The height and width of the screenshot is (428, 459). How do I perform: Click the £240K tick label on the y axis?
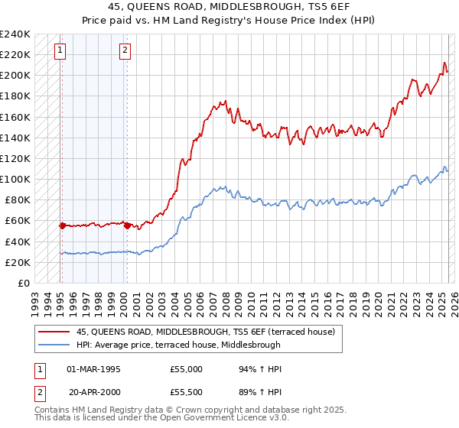click(15, 34)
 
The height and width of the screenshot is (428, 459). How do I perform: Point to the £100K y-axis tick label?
click(15, 179)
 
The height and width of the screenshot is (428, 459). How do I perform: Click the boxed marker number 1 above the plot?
click(60, 51)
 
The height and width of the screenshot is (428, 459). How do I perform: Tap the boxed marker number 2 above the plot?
click(125, 51)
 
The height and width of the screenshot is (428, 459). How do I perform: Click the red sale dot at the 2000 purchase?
click(127, 225)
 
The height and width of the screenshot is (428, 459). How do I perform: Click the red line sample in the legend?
click(54, 332)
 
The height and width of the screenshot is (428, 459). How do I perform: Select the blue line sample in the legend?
click(54, 344)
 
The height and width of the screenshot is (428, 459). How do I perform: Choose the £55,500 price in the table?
click(187, 391)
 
